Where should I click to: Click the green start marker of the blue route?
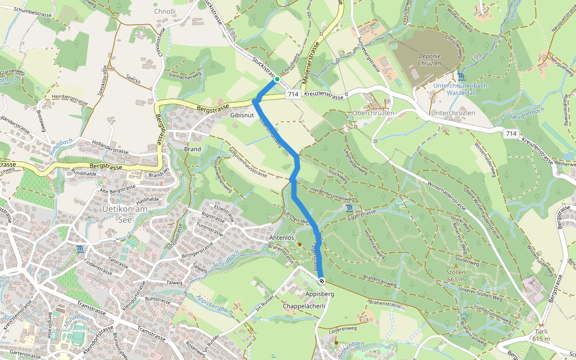click(x=277, y=79)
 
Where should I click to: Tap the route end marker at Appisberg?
click(x=322, y=281)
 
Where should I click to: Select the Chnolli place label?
click(x=165, y=11)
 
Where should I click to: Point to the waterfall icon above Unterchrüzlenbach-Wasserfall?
click(x=460, y=76)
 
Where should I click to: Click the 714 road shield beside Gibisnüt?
click(x=293, y=95)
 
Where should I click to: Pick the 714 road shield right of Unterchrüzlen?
click(x=511, y=133)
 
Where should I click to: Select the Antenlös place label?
click(x=281, y=238)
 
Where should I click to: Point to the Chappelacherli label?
click(x=304, y=306)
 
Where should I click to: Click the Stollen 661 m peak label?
click(x=456, y=275)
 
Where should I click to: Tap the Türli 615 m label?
click(x=541, y=335)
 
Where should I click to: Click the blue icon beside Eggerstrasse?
click(x=349, y=208)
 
